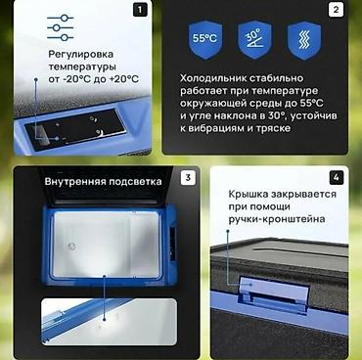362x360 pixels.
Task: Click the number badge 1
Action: (140, 10)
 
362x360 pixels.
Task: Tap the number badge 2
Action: (337, 10)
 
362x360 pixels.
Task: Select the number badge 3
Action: (188, 178)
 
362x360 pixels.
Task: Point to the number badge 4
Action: (337, 178)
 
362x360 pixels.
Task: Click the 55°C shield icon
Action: (204, 40)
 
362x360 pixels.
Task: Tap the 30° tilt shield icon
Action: (254, 40)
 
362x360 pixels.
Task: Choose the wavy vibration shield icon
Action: (304, 40)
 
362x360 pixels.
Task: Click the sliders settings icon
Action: (61, 27)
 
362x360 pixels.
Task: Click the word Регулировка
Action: (80, 55)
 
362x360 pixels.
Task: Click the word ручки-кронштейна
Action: (277, 219)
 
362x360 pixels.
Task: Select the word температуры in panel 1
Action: (82, 67)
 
